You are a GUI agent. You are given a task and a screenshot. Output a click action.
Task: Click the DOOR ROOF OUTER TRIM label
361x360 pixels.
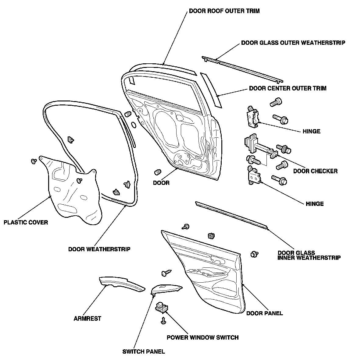[224, 11]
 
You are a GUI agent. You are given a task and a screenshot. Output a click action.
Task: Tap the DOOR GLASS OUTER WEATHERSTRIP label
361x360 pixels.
[293, 43]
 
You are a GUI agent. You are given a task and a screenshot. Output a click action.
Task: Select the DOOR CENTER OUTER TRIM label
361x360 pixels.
[288, 88]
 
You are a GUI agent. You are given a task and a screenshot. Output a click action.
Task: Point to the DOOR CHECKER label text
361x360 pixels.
[315, 171]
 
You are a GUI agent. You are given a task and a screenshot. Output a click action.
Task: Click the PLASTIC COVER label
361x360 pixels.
[26, 222]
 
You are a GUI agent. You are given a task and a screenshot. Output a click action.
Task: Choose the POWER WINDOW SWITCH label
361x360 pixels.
[202, 337]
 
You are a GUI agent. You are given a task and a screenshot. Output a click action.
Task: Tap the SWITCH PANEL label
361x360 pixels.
[144, 351]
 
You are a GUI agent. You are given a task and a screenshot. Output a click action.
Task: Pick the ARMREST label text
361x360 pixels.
[87, 319]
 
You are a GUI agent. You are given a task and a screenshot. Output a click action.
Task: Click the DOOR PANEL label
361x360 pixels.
[264, 313]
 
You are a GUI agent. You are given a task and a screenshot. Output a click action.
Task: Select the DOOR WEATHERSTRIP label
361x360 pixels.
[99, 249]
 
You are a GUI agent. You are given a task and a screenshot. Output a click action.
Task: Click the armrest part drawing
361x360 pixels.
[122, 284]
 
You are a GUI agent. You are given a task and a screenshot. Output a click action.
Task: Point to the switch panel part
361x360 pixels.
[167, 289]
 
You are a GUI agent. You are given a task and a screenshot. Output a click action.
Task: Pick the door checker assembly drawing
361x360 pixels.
[259, 146]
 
